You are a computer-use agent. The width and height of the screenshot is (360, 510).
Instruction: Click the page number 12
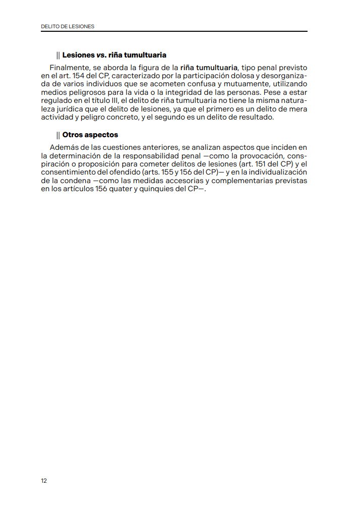pos(44,480)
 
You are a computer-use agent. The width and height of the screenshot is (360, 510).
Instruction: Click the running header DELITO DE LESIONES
pos(68,26)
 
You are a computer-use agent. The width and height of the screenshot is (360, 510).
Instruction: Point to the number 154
pos(76,75)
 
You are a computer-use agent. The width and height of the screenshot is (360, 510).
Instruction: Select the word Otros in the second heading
pos(73,135)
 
